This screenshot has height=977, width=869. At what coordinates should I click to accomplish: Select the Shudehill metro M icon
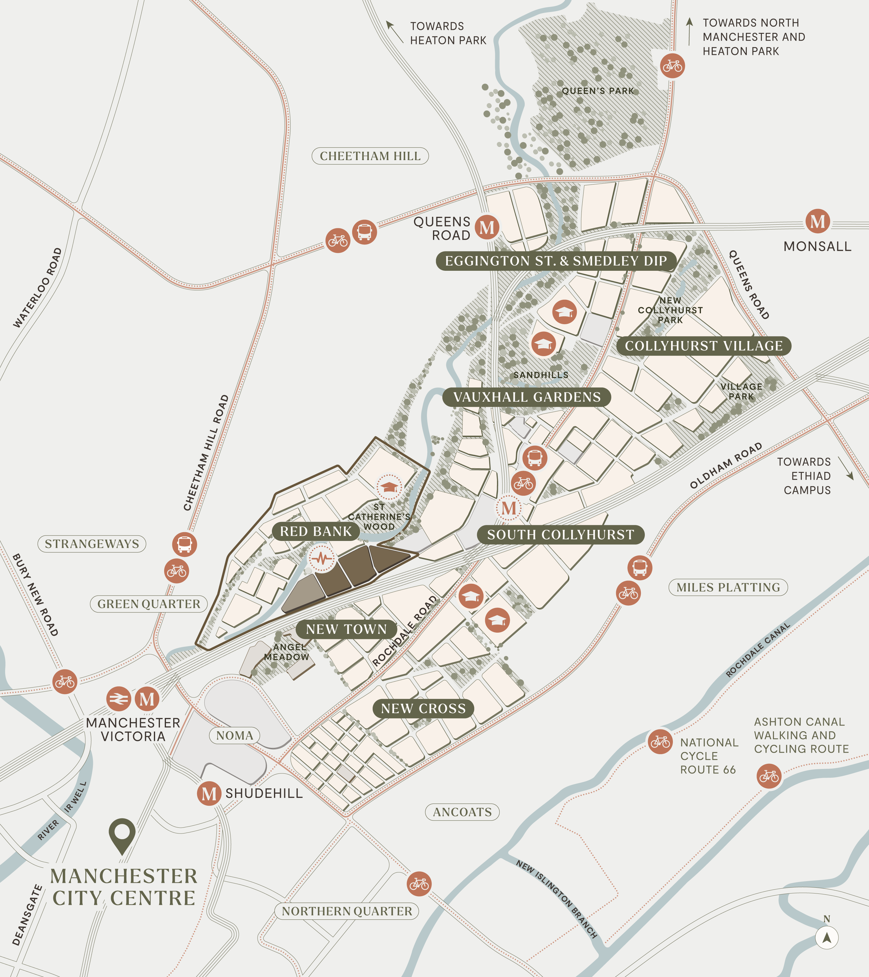pyautogui.click(x=209, y=793)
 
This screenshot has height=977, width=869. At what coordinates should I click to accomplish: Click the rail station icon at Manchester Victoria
pyautogui.click(x=118, y=699)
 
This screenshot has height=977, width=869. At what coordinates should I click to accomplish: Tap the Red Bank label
pyautogui.click(x=316, y=531)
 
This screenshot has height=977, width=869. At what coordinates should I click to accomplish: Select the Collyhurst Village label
pyautogui.click(x=704, y=346)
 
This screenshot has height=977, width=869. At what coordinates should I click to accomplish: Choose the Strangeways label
pyautogui.click(x=92, y=543)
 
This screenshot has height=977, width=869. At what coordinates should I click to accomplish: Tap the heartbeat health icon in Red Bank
pyautogui.click(x=321, y=558)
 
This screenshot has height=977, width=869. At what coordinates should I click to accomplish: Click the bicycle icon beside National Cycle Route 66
pyautogui.click(x=661, y=742)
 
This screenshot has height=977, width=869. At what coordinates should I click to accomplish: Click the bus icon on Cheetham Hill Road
pyautogui.click(x=185, y=544)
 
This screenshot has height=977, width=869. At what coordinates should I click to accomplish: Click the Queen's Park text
pyautogui.click(x=597, y=91)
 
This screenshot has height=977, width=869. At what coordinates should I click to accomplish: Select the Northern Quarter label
pyautogui.click(x=347, y=911)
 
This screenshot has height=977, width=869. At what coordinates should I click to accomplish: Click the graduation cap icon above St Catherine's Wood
pyautogui.click(x=389, y=487)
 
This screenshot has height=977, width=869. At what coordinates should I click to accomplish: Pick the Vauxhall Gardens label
pyautogui.click(x=526, y=397)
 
